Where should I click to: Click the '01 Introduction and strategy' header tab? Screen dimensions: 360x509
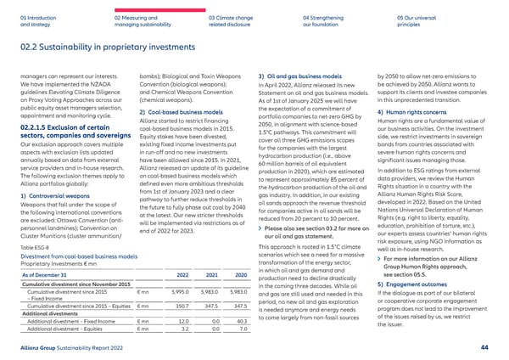pos(42,20)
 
